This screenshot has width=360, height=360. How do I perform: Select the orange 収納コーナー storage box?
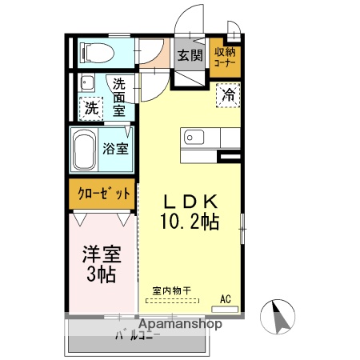[x=224, y=57]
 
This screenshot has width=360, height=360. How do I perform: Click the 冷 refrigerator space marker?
[x=229, y=95]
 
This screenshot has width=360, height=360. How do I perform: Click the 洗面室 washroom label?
[x=118, y=96]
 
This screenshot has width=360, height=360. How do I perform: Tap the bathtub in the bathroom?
[x=84, y=149]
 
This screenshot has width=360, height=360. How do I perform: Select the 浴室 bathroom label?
[x=114, y=148]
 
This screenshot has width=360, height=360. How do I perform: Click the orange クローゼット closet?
[x=103, y=193]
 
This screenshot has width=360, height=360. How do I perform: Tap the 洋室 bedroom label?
[x=102, y=255]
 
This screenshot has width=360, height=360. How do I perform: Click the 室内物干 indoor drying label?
[x=171, y=291]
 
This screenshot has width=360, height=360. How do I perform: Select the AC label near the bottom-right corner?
[x=226, y=299]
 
